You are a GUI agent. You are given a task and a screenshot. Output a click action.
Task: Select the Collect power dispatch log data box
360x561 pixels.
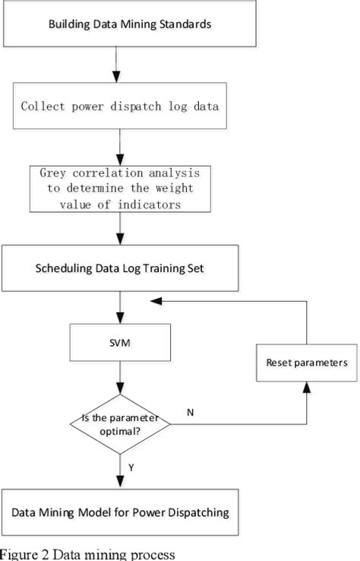[118, 106]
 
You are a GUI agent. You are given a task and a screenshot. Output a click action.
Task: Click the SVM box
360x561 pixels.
[118, 343]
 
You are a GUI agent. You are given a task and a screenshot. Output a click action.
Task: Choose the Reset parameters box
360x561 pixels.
[307, 363]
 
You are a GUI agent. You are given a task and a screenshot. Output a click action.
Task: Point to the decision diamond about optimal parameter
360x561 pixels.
[118, 420]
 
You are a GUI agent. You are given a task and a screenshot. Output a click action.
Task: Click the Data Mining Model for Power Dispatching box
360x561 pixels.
[120, 512]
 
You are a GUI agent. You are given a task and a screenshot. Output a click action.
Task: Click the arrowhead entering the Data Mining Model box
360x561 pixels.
[118, 482]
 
